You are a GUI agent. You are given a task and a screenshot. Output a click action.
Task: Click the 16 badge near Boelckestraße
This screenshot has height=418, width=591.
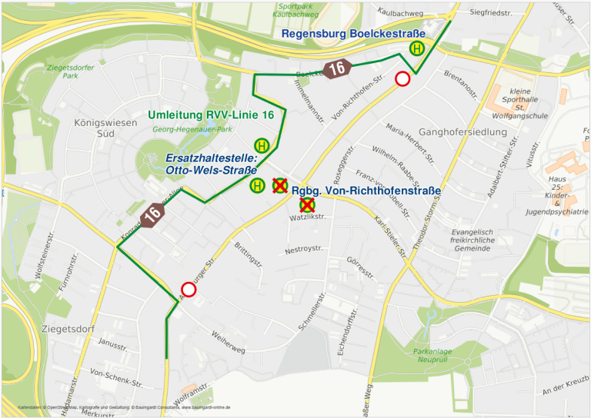tap(336, 68)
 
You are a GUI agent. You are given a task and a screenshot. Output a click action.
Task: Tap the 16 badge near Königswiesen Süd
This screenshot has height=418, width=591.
tap(153, 214)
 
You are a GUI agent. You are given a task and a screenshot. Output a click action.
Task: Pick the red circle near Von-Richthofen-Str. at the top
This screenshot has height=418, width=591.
tap(402, 78)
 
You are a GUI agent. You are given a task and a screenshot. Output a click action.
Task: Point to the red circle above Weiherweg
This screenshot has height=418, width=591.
tap(188, 289)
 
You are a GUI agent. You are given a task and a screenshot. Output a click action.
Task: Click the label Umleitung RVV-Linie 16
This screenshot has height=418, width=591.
tap(211, 114)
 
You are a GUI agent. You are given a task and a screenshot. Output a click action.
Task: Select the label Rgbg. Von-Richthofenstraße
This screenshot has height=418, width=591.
tap(366, 191)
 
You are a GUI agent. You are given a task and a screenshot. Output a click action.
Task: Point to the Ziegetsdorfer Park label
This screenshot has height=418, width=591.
tap(70, 71)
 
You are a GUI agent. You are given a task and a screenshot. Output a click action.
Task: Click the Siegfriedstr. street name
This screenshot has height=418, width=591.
tap(490, 13)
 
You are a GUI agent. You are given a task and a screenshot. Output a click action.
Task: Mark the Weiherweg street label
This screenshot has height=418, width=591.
tap(227, 343)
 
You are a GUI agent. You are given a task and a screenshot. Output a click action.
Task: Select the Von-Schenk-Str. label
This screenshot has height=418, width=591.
tap(116, 378)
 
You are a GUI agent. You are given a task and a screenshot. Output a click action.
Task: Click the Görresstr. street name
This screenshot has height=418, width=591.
tap(360, 267)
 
